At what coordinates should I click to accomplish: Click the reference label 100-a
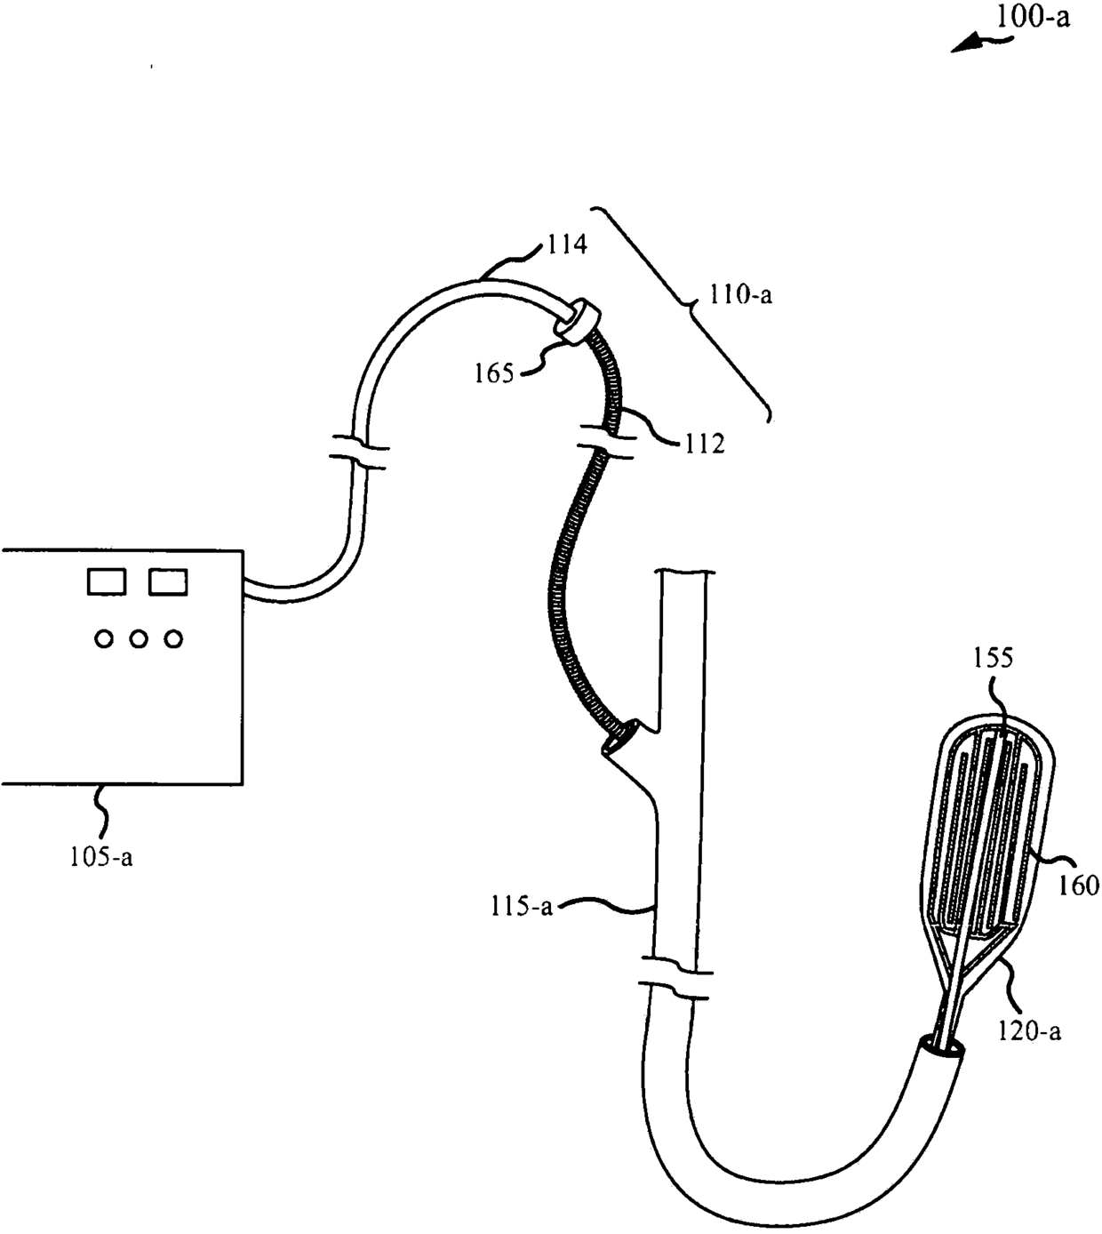pos(1032,17)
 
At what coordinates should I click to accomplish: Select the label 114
pos(566,244)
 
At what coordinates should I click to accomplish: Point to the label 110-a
pos(740,292)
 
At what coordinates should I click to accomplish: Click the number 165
pos(493,373)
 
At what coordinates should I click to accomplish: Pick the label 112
pos(704,442)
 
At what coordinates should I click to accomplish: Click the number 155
pos(993,657)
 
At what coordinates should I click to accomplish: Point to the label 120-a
pos(1029,1030)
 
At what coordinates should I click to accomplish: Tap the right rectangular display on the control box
pos(168,582)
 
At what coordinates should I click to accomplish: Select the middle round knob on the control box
pos(139,638)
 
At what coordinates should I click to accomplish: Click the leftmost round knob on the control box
pos(105,638)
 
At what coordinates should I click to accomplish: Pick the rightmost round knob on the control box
pos(173,638)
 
